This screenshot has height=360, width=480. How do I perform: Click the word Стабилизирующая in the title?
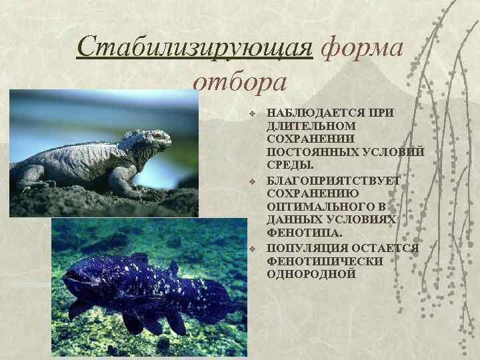[195, 48]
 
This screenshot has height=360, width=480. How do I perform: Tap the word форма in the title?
[362, 48]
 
